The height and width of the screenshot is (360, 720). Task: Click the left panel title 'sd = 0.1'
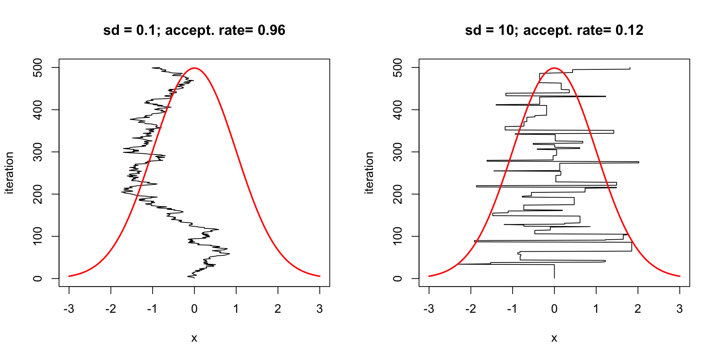pyautogui.click(x=129, y=30)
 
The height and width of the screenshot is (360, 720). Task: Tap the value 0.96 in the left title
pyautogui.click(x=271, y=30)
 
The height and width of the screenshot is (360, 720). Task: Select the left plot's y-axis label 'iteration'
pyautogui.click(x=9, y=173)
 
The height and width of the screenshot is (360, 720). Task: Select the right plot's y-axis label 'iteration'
pyautogui.click(x=369, y=173)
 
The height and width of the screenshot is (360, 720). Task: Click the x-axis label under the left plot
pyautogui.click(x=194, y=338)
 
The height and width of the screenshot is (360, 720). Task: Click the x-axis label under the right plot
pyautogui.click(x=554, y=338)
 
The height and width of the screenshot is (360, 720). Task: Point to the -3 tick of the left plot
pyautogui.click(x=69, y=309)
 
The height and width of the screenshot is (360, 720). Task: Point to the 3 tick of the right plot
pyautogui.click(x=679, y=309)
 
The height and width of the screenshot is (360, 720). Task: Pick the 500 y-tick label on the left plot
pyautogui.click(x=37, y=67)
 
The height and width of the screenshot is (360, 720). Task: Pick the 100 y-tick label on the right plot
pyautogui.click(x=397, y=236)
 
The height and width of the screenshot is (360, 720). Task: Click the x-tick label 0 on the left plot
pyautogui.click(x=194, y=309)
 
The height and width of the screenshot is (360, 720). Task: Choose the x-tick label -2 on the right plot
pyautogui.click(x=471, y=309)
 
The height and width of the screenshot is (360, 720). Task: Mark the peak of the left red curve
pyautogui.click(x=194, y=68)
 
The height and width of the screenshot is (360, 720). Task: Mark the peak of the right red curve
pyautogui.click(x=554, y=68)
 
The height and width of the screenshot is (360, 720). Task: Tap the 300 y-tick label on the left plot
pyautogui.click(x=37, y=152)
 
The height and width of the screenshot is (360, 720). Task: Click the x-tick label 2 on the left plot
pyautogui.click(x=278, y=309)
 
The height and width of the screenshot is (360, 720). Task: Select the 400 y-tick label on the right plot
pyautogui.click(x=397, y=109)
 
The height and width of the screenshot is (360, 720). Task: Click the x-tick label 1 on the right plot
pyautogui.click(x=596, y=309)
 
